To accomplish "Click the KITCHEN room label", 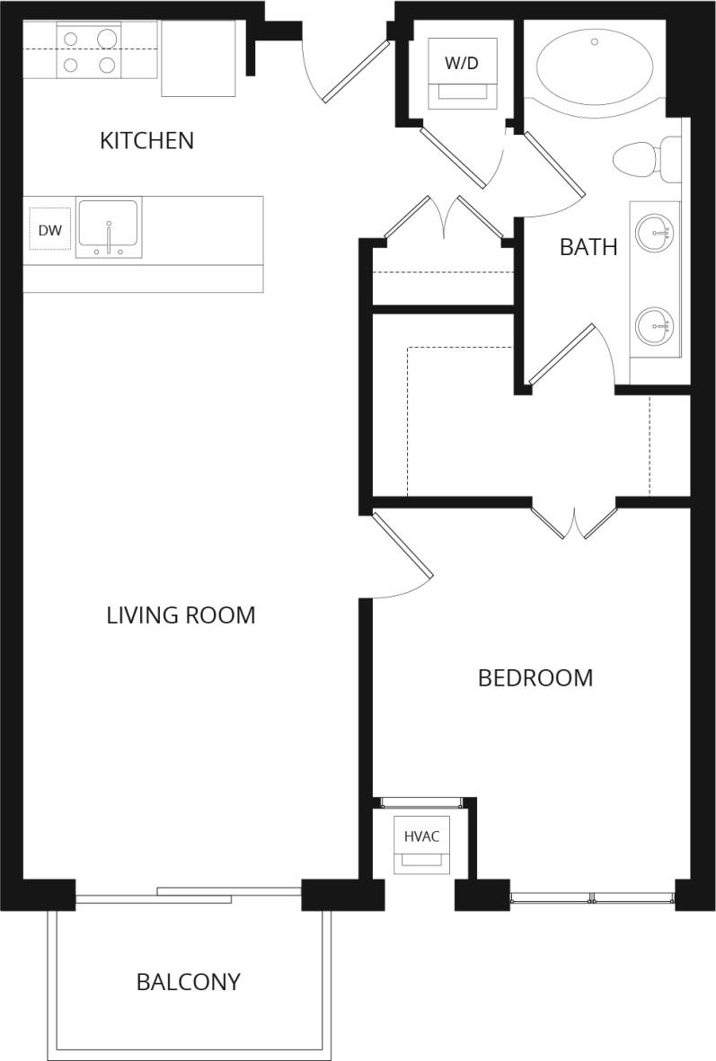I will tap(146, 140).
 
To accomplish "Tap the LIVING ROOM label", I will tap(181, 615).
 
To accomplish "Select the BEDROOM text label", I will tap(535, 677).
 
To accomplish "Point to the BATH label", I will tap(588, 247).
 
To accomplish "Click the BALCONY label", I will tap(188, 982).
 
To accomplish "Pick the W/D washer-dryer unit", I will tap(462, 72).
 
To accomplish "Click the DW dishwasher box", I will tap(49, 231).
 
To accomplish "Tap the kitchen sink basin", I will tap(108, 225).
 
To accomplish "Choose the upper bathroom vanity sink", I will tap(653, 233).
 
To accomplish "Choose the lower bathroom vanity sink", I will tap(653, 325).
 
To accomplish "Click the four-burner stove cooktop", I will tap(89, 51).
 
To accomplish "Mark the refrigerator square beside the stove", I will tap(199, 58).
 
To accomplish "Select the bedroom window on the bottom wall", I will tap(592, 897).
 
